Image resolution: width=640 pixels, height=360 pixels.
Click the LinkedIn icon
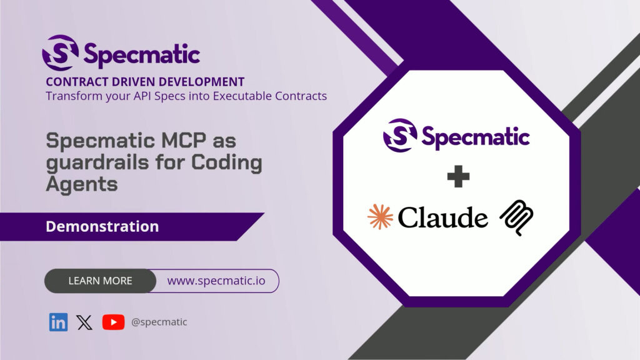coord(58,322)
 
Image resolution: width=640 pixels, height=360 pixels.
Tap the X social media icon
coord(84,322)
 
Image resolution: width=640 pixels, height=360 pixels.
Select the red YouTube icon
coord(113,322)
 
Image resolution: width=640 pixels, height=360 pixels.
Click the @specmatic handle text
coord(159,322)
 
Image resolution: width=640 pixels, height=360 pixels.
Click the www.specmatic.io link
coord(216,281)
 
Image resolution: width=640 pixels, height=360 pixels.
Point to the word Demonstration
coord(102,226)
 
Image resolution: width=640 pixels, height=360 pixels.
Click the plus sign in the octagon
coord(458,176)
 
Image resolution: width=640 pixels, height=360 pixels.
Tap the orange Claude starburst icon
coord(380,217)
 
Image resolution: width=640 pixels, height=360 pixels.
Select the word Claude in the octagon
coord(443,217)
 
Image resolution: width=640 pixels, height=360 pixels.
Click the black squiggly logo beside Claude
coord(517,217)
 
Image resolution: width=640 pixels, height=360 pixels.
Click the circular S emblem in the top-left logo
coord(61,52)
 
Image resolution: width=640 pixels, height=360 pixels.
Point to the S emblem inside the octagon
coord(400,136)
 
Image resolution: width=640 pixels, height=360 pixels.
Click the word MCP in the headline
coord(184,141)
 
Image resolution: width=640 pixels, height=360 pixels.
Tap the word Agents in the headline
coord(82,184)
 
